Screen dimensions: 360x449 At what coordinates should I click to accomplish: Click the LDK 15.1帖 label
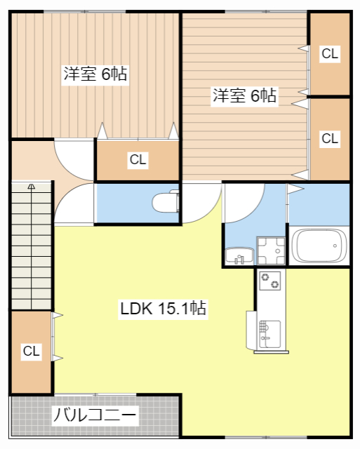[163, 309]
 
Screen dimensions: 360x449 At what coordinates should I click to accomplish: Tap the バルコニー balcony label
[95, 415]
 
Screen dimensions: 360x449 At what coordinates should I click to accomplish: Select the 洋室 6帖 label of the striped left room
[95, 74]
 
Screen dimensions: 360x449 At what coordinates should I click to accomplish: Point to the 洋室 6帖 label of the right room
[244, 95]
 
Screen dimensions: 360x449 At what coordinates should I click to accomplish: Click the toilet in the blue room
[166, 202]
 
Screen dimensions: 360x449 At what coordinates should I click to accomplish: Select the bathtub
[319, 246]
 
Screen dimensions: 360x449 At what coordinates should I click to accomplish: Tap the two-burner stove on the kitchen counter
[269, 281]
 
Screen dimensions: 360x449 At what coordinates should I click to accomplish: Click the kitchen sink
[269, 334]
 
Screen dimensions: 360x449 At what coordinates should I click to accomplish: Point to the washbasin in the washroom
[239, 255]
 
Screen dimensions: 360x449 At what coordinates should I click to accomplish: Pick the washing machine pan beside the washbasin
[271, 250]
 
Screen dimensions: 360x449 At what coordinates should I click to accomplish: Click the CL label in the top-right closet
[330, 53]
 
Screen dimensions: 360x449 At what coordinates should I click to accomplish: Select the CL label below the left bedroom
[138, 159]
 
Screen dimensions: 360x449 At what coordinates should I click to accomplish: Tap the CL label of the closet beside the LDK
[31, 351]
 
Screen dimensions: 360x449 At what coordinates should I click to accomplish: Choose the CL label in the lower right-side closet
[330, 139]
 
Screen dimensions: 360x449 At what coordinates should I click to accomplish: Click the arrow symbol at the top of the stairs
[31, 187]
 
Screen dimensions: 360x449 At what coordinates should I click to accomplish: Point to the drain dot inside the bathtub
[335, 246]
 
